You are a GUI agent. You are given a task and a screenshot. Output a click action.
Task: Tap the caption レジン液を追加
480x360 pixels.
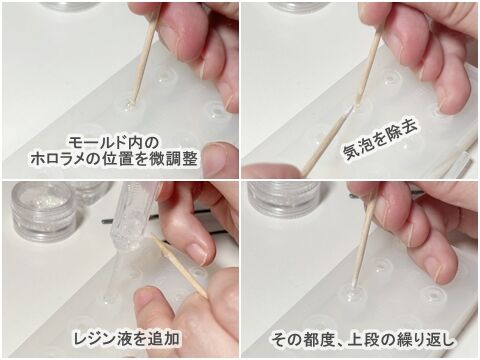[127, 338]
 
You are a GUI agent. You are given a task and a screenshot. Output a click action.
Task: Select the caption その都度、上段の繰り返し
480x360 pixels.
[363, 339]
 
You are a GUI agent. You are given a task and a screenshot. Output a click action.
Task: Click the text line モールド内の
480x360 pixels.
[112, 143]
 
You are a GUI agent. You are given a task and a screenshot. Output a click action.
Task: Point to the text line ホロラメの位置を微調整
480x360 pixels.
[114, 159]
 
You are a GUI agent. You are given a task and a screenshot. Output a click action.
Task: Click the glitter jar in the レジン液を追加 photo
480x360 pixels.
[44, 212]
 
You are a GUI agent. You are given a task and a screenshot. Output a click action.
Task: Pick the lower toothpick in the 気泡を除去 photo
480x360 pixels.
[325, 143]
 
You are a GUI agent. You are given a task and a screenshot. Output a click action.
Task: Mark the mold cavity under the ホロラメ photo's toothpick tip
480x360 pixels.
[129, 106]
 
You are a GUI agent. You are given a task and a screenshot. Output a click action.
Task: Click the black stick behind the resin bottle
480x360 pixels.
[132, 219]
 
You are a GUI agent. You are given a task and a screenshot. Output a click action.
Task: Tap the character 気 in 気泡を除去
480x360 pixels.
[350, 152]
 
